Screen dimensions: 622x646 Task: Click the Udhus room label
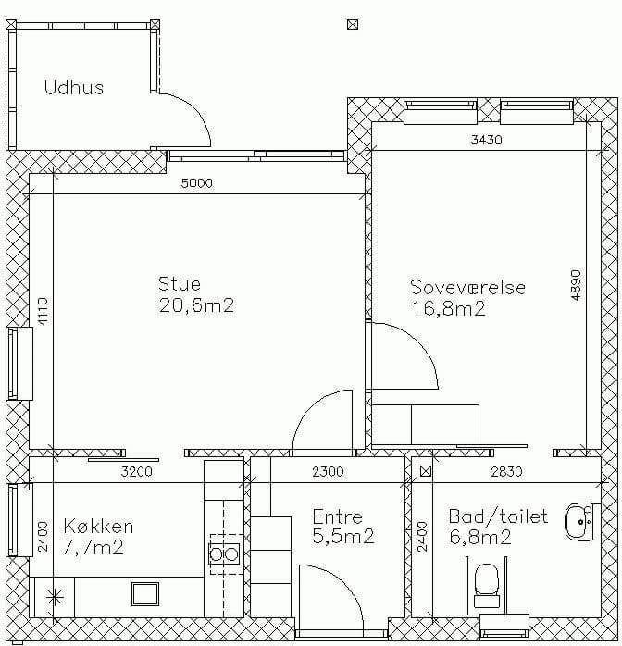[x=74, y=87]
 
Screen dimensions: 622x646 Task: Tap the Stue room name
[x=180, y=284]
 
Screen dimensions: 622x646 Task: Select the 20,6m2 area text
[x=196, y=305]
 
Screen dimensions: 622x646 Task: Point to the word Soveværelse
[x=467, y=287]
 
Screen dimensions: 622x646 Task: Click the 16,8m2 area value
[x=449, y=308]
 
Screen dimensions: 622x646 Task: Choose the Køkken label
[x=98, y=527]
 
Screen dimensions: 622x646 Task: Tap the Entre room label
[x=337, y=516]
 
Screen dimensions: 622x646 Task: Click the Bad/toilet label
[x=498, y=516]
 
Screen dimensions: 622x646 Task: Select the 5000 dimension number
[x=197, y=183]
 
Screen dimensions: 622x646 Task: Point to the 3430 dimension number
[x=487, y=140]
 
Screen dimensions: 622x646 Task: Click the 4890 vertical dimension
[x=577, y=285]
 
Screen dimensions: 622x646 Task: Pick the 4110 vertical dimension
[x=44, y=312]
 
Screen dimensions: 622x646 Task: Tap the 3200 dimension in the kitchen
[x=136, y=471]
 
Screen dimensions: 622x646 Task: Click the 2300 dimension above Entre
[x=328, y=471]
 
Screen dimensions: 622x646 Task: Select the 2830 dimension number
[x=506, y=471]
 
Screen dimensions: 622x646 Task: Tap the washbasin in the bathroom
[x=582, y=522]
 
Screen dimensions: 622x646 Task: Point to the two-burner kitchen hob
[x=224, y=554]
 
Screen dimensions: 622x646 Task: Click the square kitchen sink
[x=145, y=594]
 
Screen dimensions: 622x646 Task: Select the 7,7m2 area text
[x=93, y=548]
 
